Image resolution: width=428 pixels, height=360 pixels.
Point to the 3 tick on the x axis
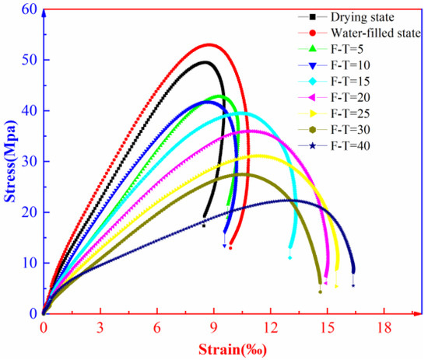pos(100,327)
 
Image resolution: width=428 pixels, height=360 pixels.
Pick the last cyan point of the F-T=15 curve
pos(290,257)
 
